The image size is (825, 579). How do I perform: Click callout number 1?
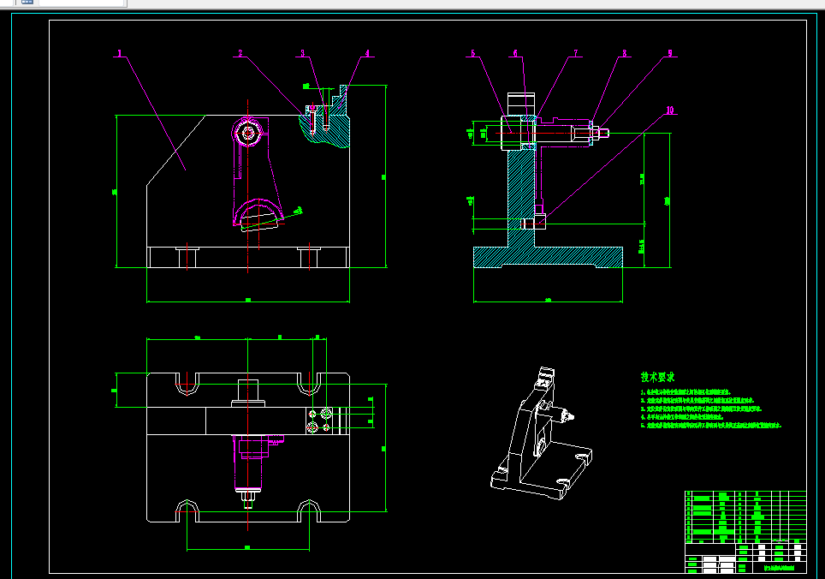[120, 53]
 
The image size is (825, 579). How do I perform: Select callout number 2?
[240, 53]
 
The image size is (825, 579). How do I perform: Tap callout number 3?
[301, 53]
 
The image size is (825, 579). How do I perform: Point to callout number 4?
[368, 53]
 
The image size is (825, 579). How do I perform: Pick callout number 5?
[472, 53]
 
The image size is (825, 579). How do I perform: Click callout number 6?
[515, 53]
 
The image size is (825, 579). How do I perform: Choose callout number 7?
[576, 53]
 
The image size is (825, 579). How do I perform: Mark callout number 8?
[624, 53]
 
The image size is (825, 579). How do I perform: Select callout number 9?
[670, 53]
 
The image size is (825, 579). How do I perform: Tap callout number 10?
[670, 110]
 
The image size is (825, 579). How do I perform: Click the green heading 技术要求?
[658, 377]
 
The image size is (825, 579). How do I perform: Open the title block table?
[745, 531]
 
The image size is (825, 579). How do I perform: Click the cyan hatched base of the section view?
[548, 256]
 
